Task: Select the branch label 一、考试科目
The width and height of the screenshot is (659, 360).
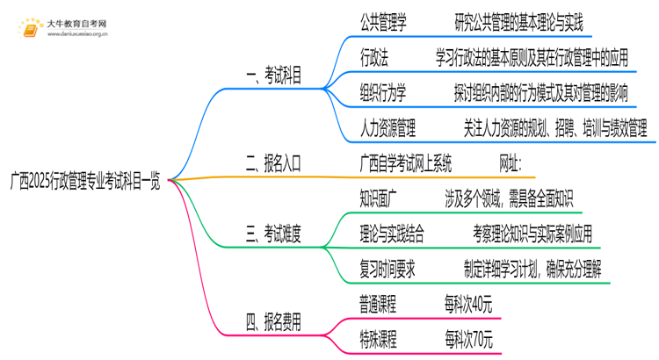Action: point(272,77)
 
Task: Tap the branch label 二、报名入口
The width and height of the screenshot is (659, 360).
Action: point(272,162)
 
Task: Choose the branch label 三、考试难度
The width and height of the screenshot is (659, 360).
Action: point(272,234)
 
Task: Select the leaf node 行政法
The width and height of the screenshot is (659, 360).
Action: point(374,56)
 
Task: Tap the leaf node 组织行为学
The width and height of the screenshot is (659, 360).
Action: point(383,93)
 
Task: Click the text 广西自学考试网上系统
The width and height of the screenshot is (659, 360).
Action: point(406,162)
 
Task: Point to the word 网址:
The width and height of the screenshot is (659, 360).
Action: point(510,162)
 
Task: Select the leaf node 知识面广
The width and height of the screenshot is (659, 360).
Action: point(383,196)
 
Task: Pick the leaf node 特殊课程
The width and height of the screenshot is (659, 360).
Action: point(379,339)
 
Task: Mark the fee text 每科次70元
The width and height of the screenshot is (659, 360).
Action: point(468,339)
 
